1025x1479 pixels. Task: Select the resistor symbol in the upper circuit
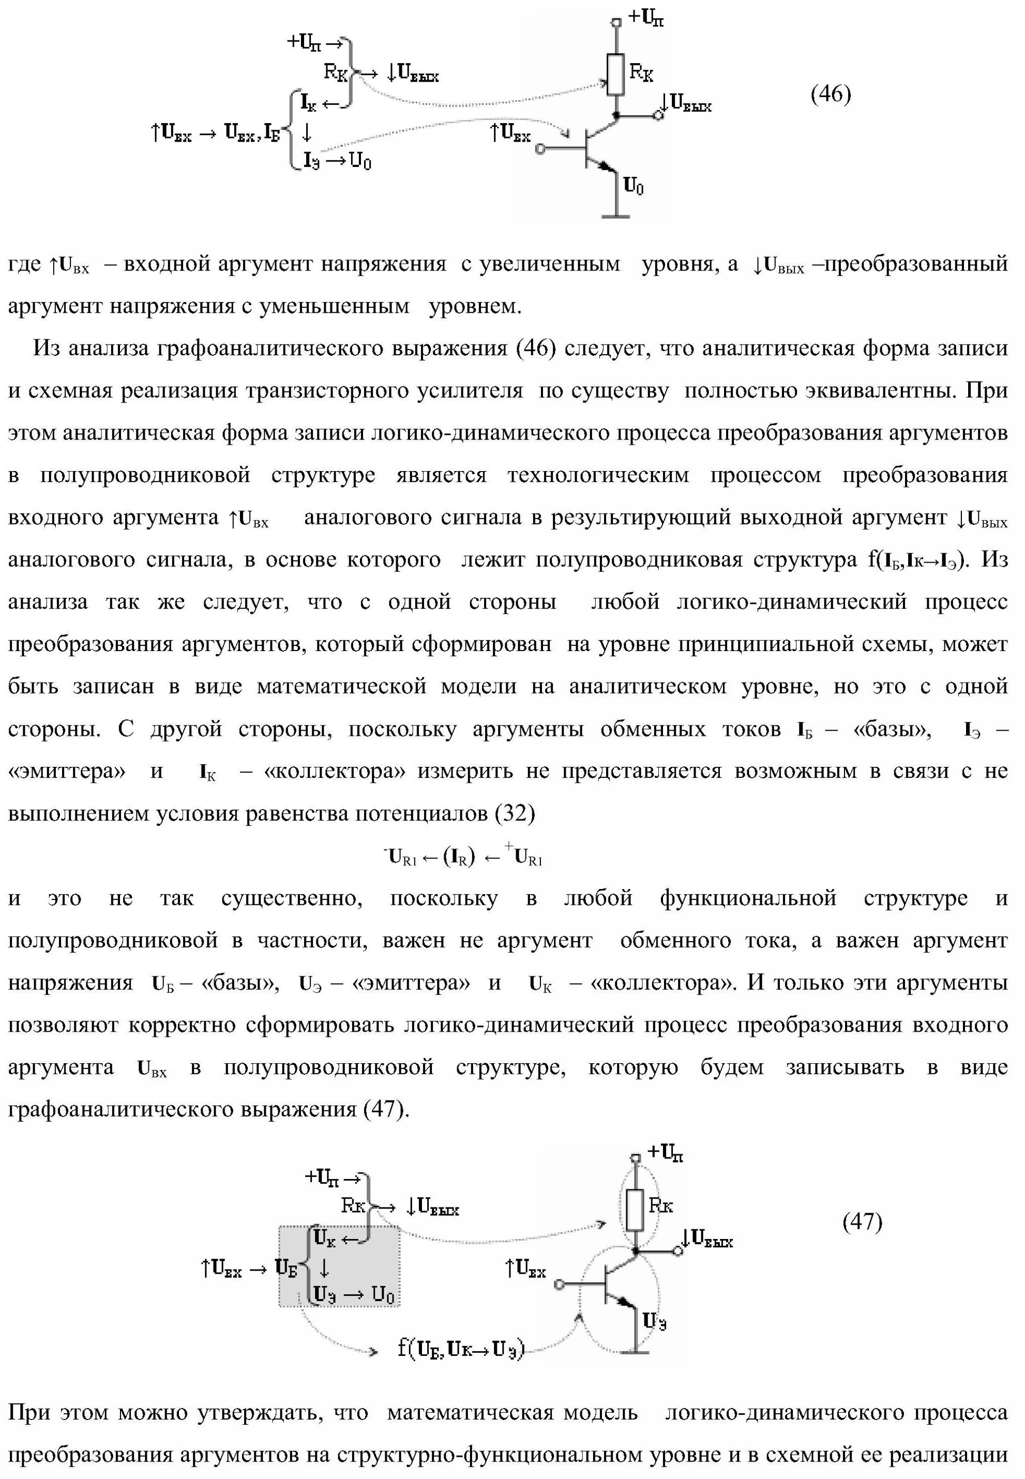(617, 75)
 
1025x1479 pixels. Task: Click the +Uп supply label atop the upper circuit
(646, 18)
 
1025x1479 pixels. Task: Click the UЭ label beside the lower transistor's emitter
(655, 1322)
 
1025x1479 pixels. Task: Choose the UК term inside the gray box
(325, 1237)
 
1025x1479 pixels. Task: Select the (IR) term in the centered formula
(459, 857)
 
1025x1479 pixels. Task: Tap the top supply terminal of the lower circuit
(635, 1158)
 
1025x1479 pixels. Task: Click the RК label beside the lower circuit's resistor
(661, 1205)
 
